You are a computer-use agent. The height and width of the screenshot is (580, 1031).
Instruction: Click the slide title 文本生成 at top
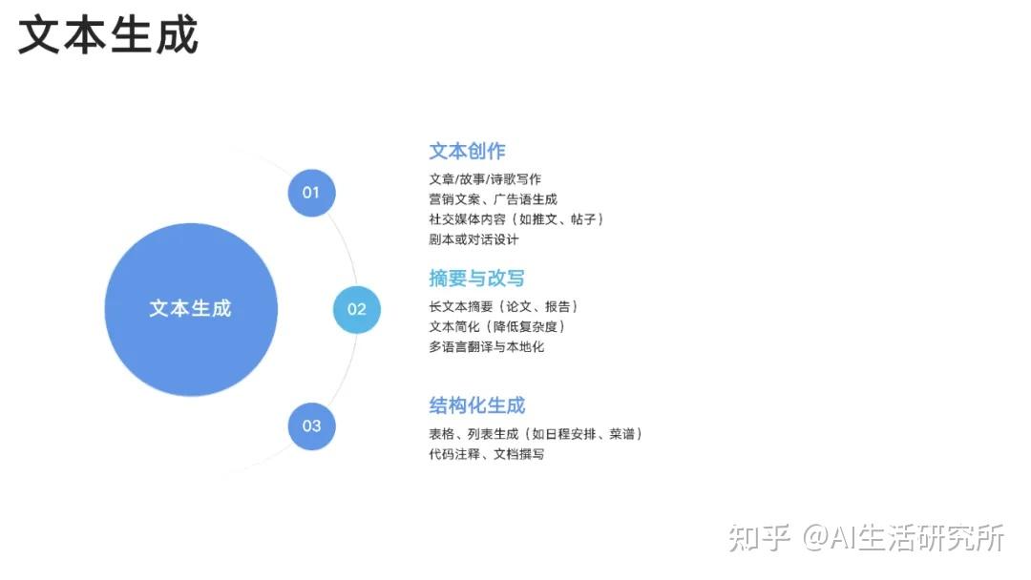click(108, 35)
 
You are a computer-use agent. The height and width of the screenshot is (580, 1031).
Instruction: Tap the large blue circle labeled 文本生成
click(191, 308)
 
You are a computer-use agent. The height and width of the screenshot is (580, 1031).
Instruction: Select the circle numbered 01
click(311, 193)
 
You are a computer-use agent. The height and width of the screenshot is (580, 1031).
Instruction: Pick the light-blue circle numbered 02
click(356, 309)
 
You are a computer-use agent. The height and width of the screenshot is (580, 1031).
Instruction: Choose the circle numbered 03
click(311, 425)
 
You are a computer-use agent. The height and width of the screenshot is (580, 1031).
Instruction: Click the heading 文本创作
click(467, 151)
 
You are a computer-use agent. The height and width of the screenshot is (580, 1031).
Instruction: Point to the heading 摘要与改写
click(476, 278)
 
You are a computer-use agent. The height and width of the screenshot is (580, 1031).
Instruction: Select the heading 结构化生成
click(476, 405)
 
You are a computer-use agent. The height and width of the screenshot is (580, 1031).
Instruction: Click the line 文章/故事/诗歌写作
click(485, 178)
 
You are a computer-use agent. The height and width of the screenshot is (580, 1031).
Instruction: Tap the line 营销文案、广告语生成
click(493, 198)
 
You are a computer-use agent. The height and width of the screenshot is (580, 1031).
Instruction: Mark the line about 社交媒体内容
click(516, 218)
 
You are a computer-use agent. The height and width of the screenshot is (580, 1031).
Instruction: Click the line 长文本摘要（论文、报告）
click(504, 306)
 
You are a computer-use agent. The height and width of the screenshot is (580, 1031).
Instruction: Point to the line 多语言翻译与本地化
click(487, 346)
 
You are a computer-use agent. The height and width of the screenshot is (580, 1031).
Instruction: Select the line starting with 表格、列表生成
click(536, 434)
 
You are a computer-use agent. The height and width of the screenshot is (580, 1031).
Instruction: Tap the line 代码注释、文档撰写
click(487, 454)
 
